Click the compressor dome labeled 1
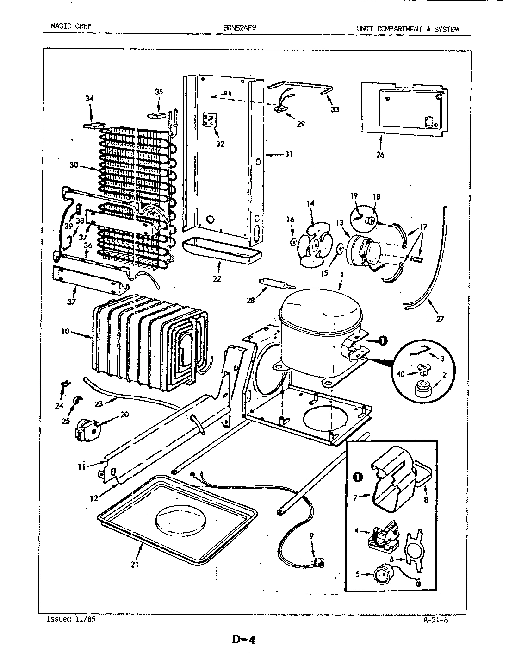click(319, 315)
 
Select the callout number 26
click(380, 155)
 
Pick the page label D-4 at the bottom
click(243, 640)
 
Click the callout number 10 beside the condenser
click(65, 331)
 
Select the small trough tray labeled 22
click(221, 251)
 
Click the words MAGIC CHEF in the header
click(71, 26)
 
